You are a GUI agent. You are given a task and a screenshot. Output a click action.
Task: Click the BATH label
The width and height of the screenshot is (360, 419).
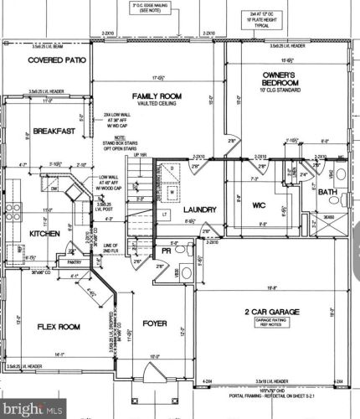click(x=327, y=193)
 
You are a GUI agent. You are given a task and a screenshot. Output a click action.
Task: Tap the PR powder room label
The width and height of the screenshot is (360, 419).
click(x=167, y=250)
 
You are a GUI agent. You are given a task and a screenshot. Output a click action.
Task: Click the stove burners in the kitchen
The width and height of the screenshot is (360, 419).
click(x=13, y=206)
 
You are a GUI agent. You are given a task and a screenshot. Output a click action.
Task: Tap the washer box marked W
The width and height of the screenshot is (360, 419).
click(x=172, y=190)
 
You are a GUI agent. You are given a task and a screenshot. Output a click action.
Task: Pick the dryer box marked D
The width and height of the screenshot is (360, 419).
click(x=172, y=168)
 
